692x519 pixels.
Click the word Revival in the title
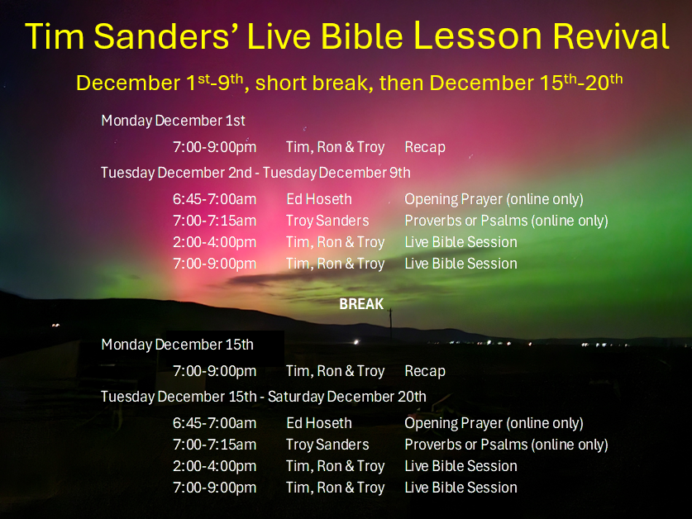coord(611,36)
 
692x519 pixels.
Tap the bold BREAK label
coord(361,304)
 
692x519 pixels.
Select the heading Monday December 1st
coord(173,121)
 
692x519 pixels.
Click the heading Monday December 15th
coord(178,345)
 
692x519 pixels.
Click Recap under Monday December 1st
coord(425,147)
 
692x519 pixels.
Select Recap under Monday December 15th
coord(425,371)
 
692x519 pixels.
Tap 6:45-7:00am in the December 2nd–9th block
coord(214,199)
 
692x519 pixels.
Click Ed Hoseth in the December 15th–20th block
coord(319,423)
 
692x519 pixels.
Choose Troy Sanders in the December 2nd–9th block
coord(327,221)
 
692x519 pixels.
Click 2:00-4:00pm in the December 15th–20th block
coord(214,466)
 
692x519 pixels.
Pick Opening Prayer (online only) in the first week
coord(494,199)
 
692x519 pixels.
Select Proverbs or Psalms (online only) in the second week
coord(506,445)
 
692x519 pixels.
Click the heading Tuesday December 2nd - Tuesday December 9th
coord(255,173)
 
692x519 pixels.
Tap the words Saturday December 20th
coord(347,397)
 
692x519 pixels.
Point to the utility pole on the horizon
coord(390,323)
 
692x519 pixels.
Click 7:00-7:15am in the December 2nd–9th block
coord(214,221)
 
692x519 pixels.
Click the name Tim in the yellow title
coord(55,36)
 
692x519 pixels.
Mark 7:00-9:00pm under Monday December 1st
coord(214,147)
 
